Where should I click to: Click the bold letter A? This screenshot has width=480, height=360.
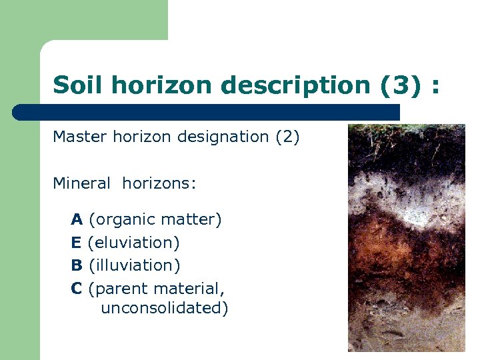click(x=77, y=219)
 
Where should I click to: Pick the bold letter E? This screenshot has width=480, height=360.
click(x=76, y=243)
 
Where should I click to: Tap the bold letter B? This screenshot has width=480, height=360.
click(x=77, y=265)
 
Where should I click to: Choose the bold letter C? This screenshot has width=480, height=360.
click(x=77, y=289)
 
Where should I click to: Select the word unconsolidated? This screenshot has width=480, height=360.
click(x=164, y=309)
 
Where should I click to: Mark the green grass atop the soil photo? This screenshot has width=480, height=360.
click(x=407, y=128)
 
